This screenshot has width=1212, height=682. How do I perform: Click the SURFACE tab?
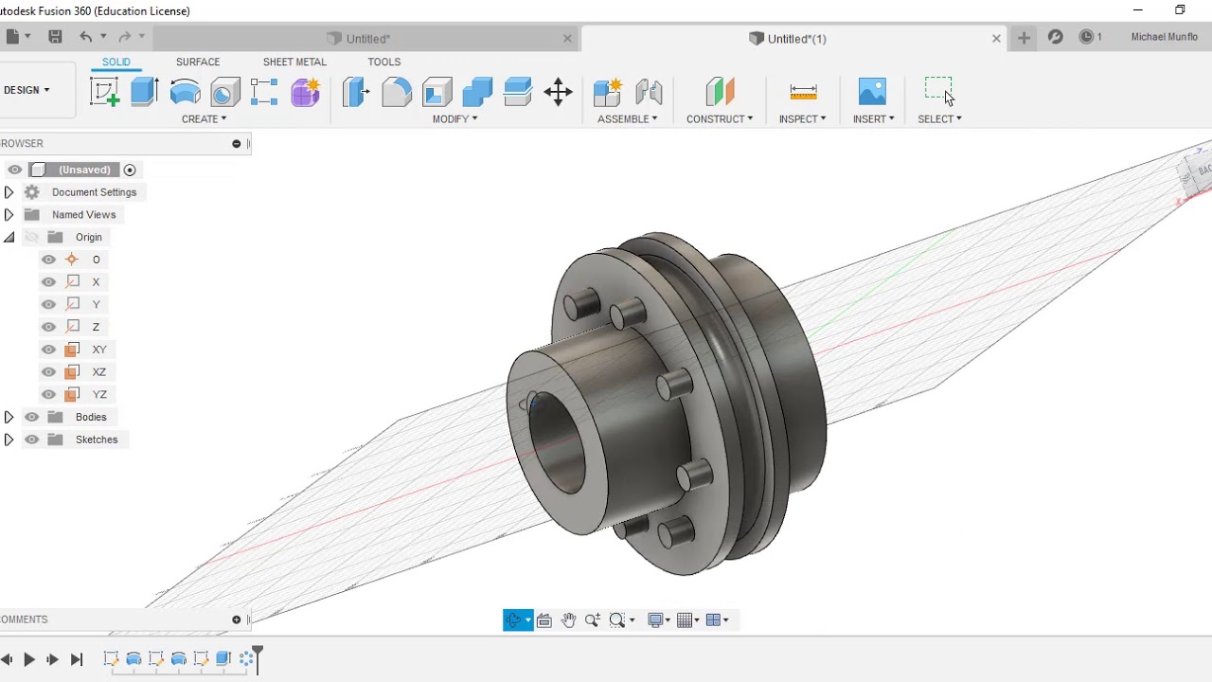point(197,62)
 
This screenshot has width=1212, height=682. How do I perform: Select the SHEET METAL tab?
point(294,62)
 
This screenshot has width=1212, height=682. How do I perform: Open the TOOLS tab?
point(383,62)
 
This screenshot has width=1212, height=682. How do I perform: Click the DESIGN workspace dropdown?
point(27,90)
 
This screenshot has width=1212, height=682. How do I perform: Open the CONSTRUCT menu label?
point(719,118)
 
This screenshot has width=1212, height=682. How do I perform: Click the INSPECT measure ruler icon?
point(803,92)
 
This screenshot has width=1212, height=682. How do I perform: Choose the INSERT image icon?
point(872,92)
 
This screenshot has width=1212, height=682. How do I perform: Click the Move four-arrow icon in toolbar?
point(558,92)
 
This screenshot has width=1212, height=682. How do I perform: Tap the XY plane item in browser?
point(98,350)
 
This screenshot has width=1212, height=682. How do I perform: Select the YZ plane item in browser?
point(98,394)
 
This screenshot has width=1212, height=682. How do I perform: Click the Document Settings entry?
point(94,192)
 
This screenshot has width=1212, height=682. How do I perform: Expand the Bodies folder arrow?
point(9,417)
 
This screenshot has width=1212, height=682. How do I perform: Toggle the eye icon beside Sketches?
point(32,440)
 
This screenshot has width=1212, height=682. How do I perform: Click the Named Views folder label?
point(83,215)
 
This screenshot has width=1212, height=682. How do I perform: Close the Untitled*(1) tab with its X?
point(996,39)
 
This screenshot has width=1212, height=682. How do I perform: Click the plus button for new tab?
point(1024,38)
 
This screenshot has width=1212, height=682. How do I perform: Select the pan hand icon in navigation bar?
point(568,620)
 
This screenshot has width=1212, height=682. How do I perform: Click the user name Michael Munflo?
point(1164,38)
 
